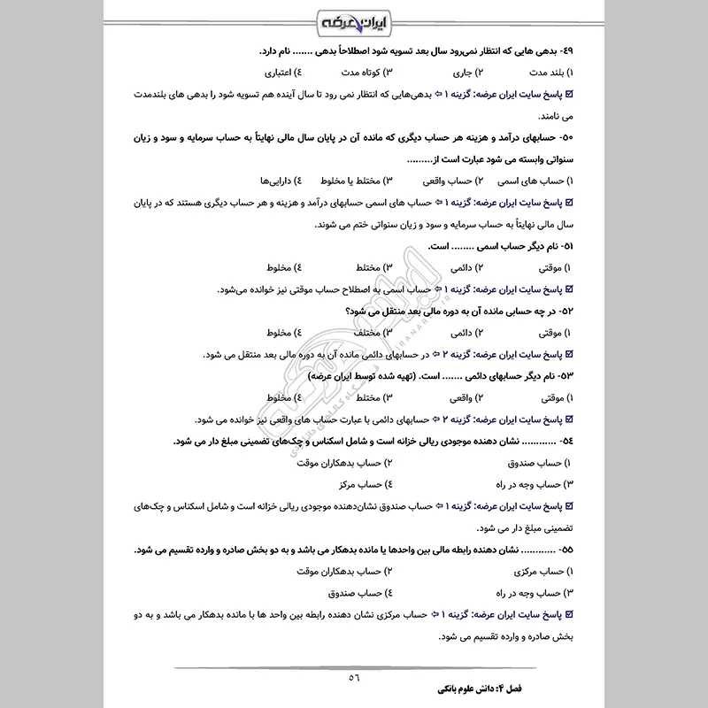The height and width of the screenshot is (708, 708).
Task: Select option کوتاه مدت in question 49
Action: click(x=362, y=73)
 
